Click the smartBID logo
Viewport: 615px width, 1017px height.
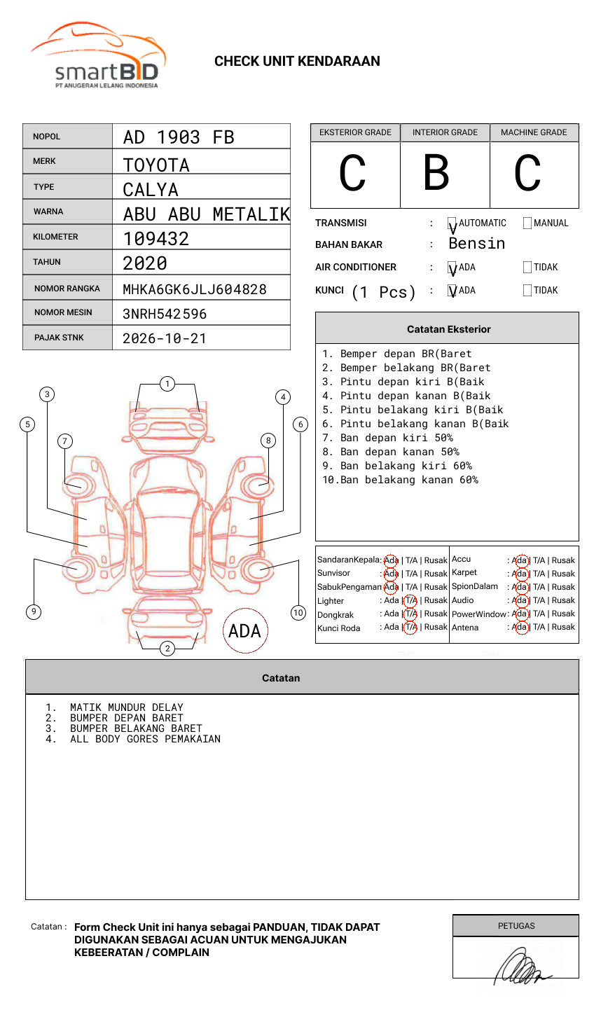click(x=98, y=56)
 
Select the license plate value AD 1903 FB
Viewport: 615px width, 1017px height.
click(x=179, y=137)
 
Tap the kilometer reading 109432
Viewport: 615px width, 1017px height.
click(x=156, y=239)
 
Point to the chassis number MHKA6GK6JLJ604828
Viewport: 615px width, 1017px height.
click(x=195, y=289)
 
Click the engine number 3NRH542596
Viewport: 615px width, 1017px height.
click(x=165, y=314)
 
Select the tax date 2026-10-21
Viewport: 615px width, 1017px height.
click(x=165, y=338)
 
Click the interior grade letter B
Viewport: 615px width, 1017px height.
click(x=436, y=173)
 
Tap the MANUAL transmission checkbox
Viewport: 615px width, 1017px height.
click(x=527, y=223)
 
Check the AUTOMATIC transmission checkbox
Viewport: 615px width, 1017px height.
click(x=452, y=224)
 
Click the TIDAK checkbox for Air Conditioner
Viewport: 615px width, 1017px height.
click(x=527, y=268)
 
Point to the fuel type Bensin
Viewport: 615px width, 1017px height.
click(x=476, y=244)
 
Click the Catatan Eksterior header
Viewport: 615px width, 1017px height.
click(x=448, y=329)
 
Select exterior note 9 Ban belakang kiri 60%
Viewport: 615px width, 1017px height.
click(x=397, y=466)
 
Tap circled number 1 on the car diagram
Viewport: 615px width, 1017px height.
click(x=167, y=384)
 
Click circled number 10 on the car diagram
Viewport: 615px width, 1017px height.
click(x=298, y=613)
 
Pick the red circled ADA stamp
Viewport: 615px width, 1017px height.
click(x=245, y=630)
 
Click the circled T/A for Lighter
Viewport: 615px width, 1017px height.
click(x=410, y=600)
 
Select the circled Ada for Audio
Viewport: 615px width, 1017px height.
click(x=520, y=600)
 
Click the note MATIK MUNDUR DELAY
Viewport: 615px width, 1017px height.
click(x=126, y=707)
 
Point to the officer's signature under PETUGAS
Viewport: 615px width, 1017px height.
click(x=522, y=967)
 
